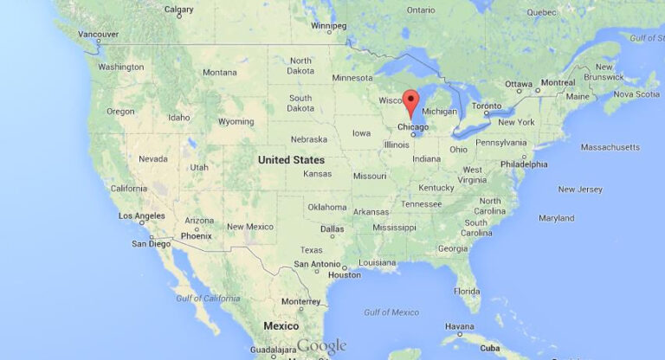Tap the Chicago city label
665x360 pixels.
[413, 127]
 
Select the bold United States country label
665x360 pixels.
[291, 159]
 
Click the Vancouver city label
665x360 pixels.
[98, 34]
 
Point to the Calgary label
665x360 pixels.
[178, 10]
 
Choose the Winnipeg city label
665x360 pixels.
[328, 25]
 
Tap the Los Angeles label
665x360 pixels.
[142, 215]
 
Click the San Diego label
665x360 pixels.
[151, 243]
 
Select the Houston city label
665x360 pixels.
[344, 274]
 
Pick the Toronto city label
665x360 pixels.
[486, 106]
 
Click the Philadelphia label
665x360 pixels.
[523, 164]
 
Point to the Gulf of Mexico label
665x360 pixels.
[391, 312]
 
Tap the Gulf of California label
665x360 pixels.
[207, 298]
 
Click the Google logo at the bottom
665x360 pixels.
[321, 346]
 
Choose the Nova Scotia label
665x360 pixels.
[636, 93]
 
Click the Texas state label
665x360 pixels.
[311, 249]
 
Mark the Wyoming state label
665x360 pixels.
[236, 121]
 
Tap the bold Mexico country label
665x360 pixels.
[281, 325]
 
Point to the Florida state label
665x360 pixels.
[467, 291]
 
